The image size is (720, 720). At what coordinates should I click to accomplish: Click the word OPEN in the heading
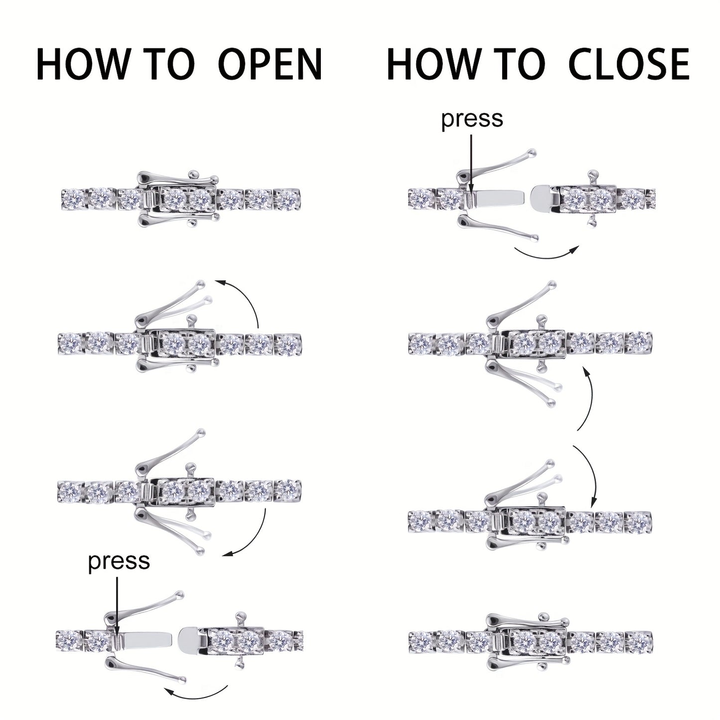[x=271, y=64]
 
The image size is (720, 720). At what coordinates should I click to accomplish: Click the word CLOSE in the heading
[x=628, y=64]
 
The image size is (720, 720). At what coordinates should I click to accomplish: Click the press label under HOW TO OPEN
[x=119, y=561]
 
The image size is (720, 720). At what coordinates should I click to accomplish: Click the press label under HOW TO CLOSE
[x=472, y=119]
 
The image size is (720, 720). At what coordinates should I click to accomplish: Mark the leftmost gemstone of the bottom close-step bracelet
[x=422, y=641]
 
